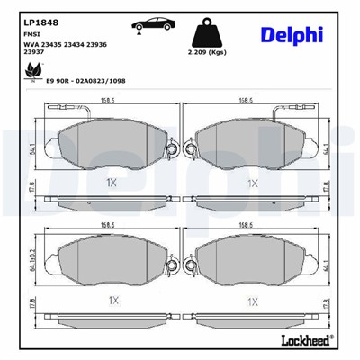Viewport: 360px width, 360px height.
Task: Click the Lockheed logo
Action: [x=306, y=343]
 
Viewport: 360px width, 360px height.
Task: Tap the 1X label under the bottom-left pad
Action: [x=112, y=300]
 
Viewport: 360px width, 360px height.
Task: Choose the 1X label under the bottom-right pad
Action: [x=253, y=300]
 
